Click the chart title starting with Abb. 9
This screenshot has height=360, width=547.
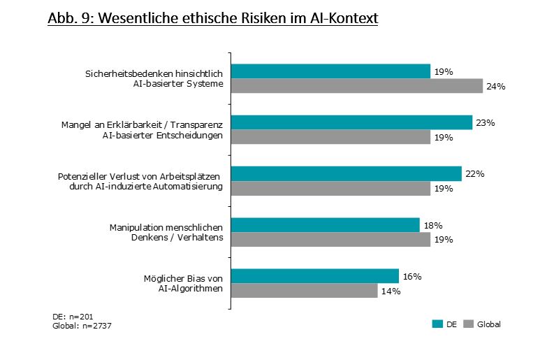click(x=212, y=18)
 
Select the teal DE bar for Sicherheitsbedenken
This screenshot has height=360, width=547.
click(x=330, y=71)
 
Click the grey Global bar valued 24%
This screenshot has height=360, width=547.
click(x=357, y=86)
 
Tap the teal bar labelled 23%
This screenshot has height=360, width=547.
click(x=351, y=122)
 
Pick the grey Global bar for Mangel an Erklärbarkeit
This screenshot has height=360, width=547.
click(x=330, y=137)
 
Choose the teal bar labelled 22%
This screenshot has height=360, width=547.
click(x=347, y=173)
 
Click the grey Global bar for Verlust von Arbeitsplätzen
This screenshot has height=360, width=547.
click(x=330, y=188)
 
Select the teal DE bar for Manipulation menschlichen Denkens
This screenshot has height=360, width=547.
click(x=326, y=224)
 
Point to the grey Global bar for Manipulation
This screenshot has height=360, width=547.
click(x=330, y=239)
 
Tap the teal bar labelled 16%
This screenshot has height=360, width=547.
click(x=315, y=276)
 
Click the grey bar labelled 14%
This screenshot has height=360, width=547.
click(x=305, y=291)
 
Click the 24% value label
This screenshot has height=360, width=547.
click(x=496, y=87)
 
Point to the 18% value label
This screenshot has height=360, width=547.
click(x=433, y=225)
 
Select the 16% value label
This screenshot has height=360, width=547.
click(x=412, y=276)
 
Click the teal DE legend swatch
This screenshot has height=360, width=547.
click(x=438, y=324)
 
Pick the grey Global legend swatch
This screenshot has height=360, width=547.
click(x=469, y=324)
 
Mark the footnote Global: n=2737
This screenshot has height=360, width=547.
click(x=82, y=326)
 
